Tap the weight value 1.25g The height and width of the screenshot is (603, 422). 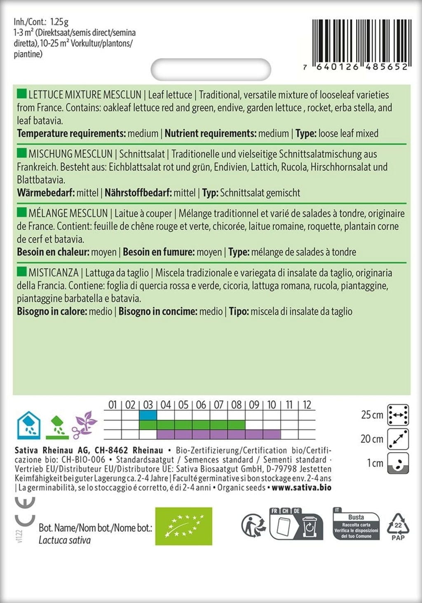point(59,22)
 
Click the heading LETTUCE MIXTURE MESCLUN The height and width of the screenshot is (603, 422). point(85,95)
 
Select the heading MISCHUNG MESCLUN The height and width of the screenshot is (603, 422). point(70,154)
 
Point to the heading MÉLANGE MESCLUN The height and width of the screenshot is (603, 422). point(68,214)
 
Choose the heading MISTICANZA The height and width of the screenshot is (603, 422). point(53,273)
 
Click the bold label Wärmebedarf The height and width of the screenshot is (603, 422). point(45,193)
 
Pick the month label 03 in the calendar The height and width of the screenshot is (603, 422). point(148,405)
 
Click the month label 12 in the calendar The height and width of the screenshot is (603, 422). point(307,405)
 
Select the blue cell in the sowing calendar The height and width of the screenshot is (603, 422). point(148,415)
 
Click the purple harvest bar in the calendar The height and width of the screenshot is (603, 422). point(218,434)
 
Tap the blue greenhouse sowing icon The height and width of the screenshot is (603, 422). point(28,425)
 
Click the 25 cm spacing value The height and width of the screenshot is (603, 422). point(372,415)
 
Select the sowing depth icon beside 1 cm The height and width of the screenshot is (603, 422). point(398,463)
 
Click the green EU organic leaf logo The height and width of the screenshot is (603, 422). point(183,526)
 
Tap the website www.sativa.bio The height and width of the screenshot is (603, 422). point(302,488)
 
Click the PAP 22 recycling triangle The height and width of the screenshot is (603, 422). point(398,526)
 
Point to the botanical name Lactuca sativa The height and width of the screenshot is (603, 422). point(65,540)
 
